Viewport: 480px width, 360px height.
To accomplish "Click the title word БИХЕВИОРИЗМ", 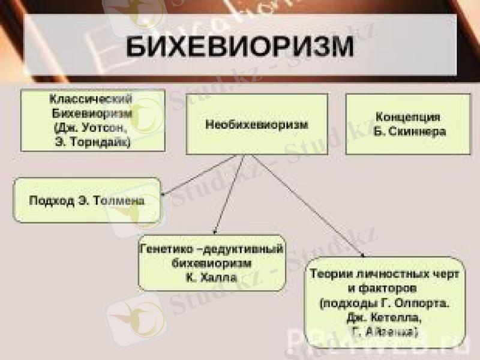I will point(239,47).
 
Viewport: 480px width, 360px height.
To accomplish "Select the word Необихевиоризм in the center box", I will point(257,125).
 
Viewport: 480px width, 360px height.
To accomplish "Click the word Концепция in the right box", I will point(408,116).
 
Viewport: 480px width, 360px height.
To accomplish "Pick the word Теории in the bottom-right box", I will point(331,274).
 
